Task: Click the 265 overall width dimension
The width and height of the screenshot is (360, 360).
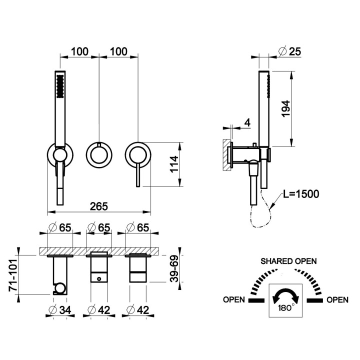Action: (x=98, y=206)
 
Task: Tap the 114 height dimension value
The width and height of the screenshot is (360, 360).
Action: (x=174, y=164)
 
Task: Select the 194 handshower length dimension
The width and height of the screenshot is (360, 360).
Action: (x=286, y=108)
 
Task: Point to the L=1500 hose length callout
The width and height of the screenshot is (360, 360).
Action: (x=301, y=194)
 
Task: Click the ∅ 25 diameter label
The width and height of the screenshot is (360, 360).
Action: (x=289, y=51)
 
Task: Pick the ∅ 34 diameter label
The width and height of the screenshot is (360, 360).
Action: (x=60, y=310)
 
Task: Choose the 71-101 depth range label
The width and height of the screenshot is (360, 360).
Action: (x=13, y=275)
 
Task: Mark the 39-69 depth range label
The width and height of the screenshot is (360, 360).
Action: (x=174, y=268)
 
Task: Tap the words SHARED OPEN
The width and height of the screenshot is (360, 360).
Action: (x=288, y=261)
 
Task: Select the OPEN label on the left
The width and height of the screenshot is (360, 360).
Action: (x=234, y=300)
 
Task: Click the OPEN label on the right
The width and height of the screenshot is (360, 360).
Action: (x=337, y=300)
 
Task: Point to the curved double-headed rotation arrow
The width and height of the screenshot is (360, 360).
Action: (x=285, y=295)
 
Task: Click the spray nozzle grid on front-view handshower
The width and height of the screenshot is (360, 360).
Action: (x=60, y=86)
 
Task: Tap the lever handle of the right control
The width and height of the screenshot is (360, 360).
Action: (x=138, y=175)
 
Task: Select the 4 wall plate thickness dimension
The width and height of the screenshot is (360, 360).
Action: (x=247, y=123)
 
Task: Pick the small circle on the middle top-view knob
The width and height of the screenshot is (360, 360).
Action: (x=99, y=279)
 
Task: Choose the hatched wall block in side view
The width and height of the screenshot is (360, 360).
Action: (x=226, y=154)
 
